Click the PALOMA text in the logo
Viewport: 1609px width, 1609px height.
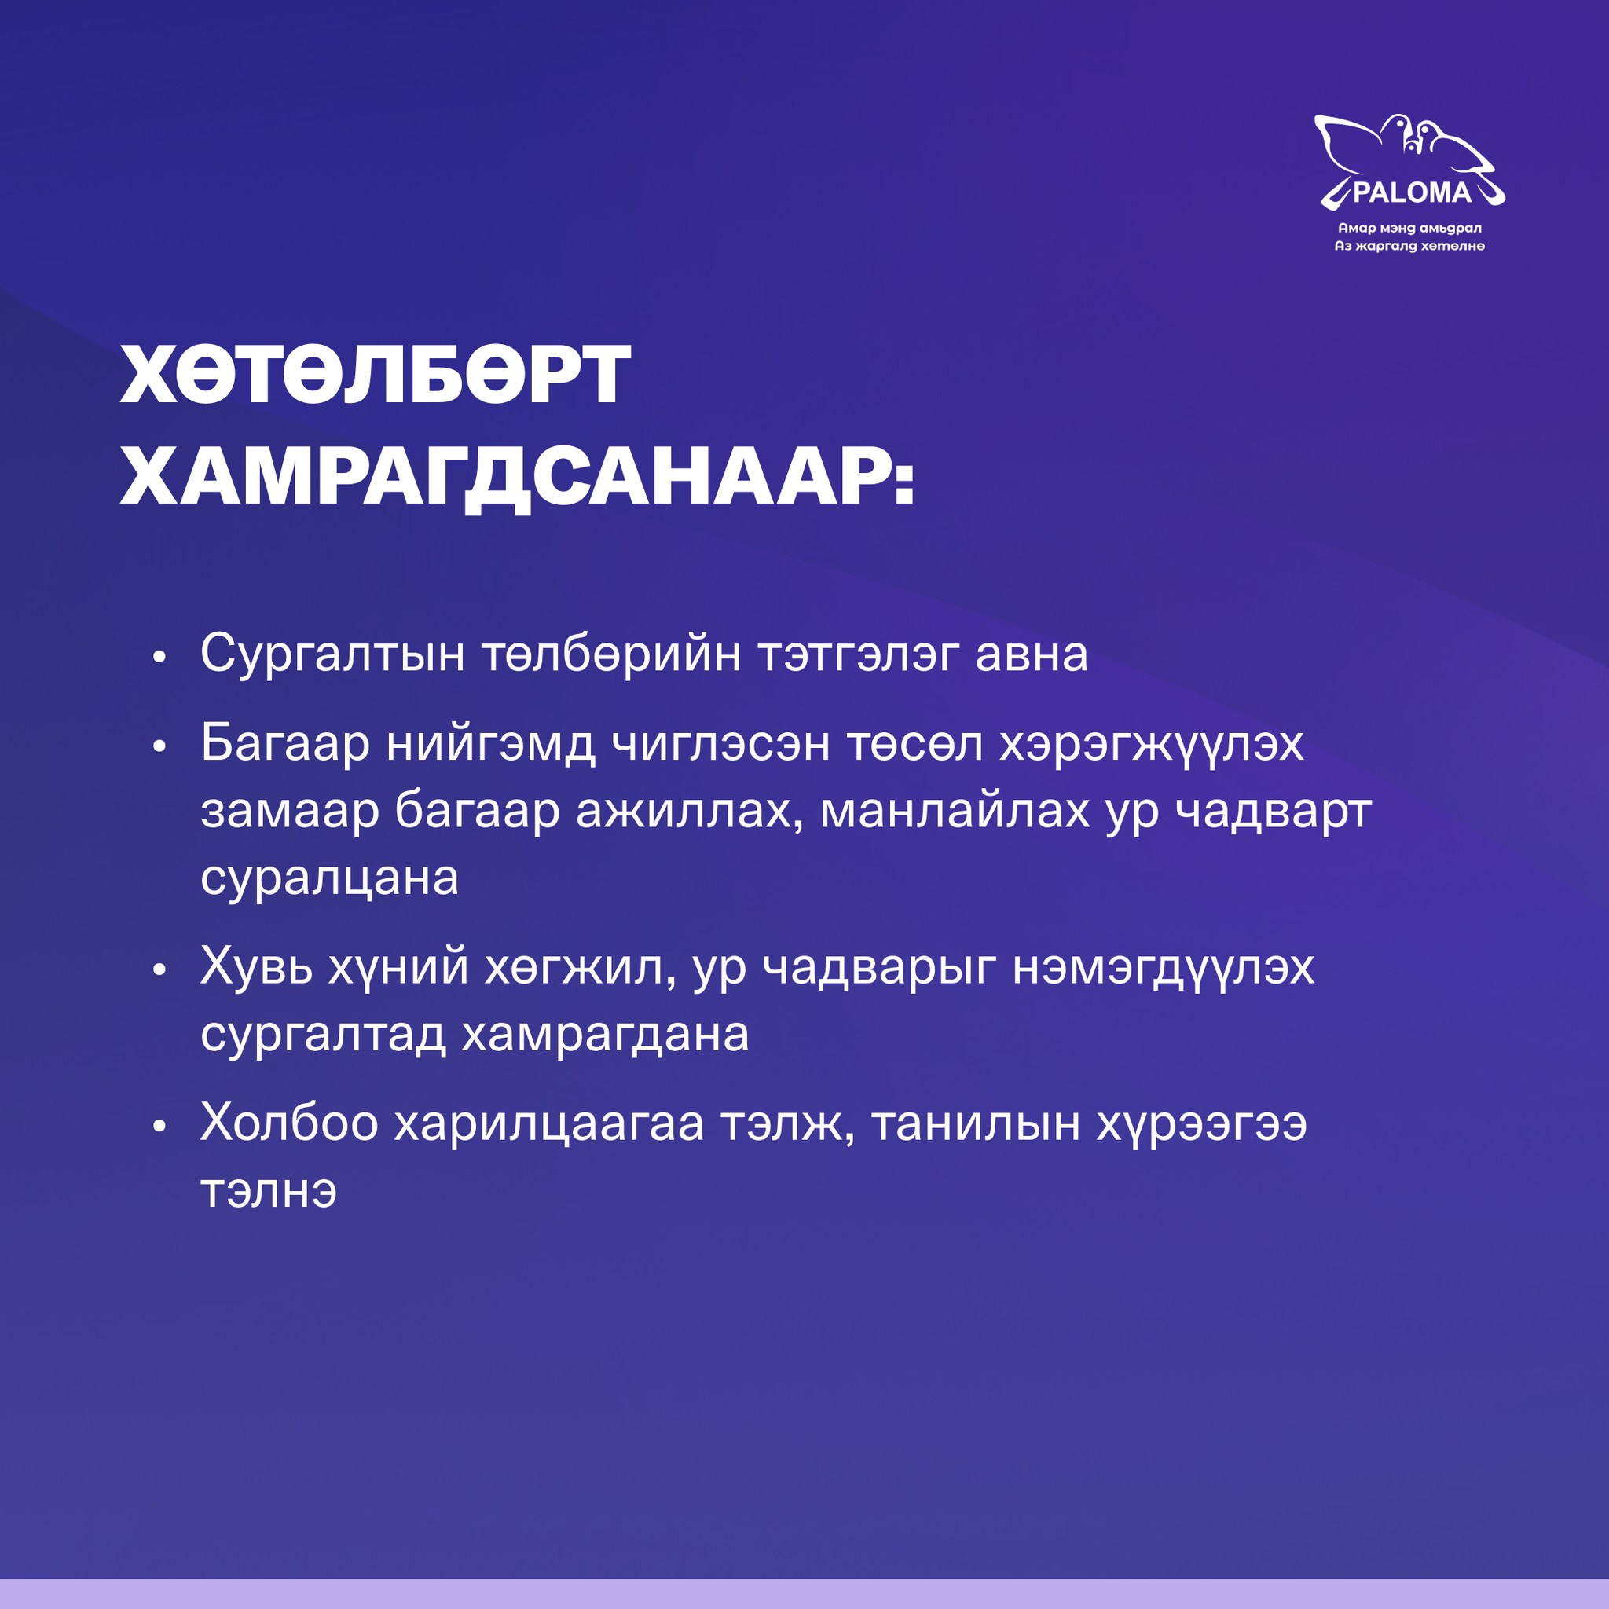[1413, 193]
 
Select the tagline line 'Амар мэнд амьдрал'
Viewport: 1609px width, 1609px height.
[1410, 228]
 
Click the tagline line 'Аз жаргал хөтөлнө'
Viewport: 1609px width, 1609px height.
[1410, 246]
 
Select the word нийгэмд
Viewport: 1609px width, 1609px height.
[490, 744]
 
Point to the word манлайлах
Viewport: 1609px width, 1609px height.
[955, 811]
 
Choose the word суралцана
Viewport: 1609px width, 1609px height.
[330, 878]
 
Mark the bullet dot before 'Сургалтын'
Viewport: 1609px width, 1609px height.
[160, 658]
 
